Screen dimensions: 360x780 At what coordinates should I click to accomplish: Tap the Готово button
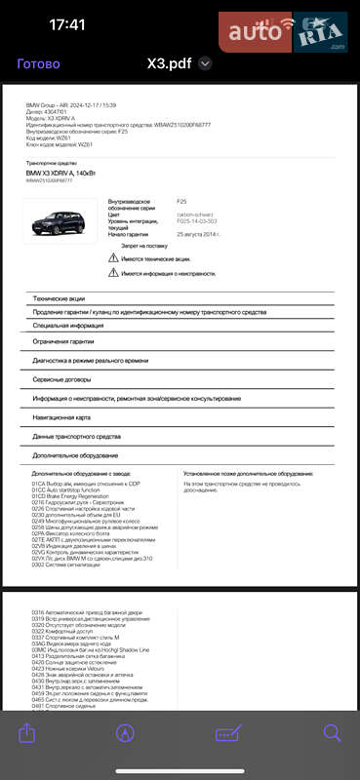38,63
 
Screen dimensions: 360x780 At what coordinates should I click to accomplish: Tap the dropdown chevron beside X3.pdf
205,63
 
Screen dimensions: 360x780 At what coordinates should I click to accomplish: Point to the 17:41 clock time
66,24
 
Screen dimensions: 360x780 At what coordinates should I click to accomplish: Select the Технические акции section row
59,298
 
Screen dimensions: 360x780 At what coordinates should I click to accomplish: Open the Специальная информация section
67,326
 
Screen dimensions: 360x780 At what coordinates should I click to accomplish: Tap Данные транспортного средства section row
75,436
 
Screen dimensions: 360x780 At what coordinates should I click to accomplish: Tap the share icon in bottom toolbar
27,732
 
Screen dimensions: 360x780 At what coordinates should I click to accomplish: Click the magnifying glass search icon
333,733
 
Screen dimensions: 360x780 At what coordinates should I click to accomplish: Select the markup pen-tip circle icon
125,733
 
